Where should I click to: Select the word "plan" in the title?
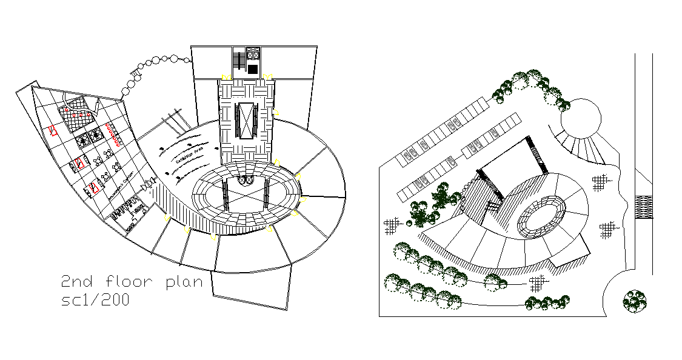click(x=184, y=282)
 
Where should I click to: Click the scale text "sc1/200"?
click(x=95, y=300)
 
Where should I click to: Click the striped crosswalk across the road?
click(x=643, y=207)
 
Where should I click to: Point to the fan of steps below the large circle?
click(x=585, y=149)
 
